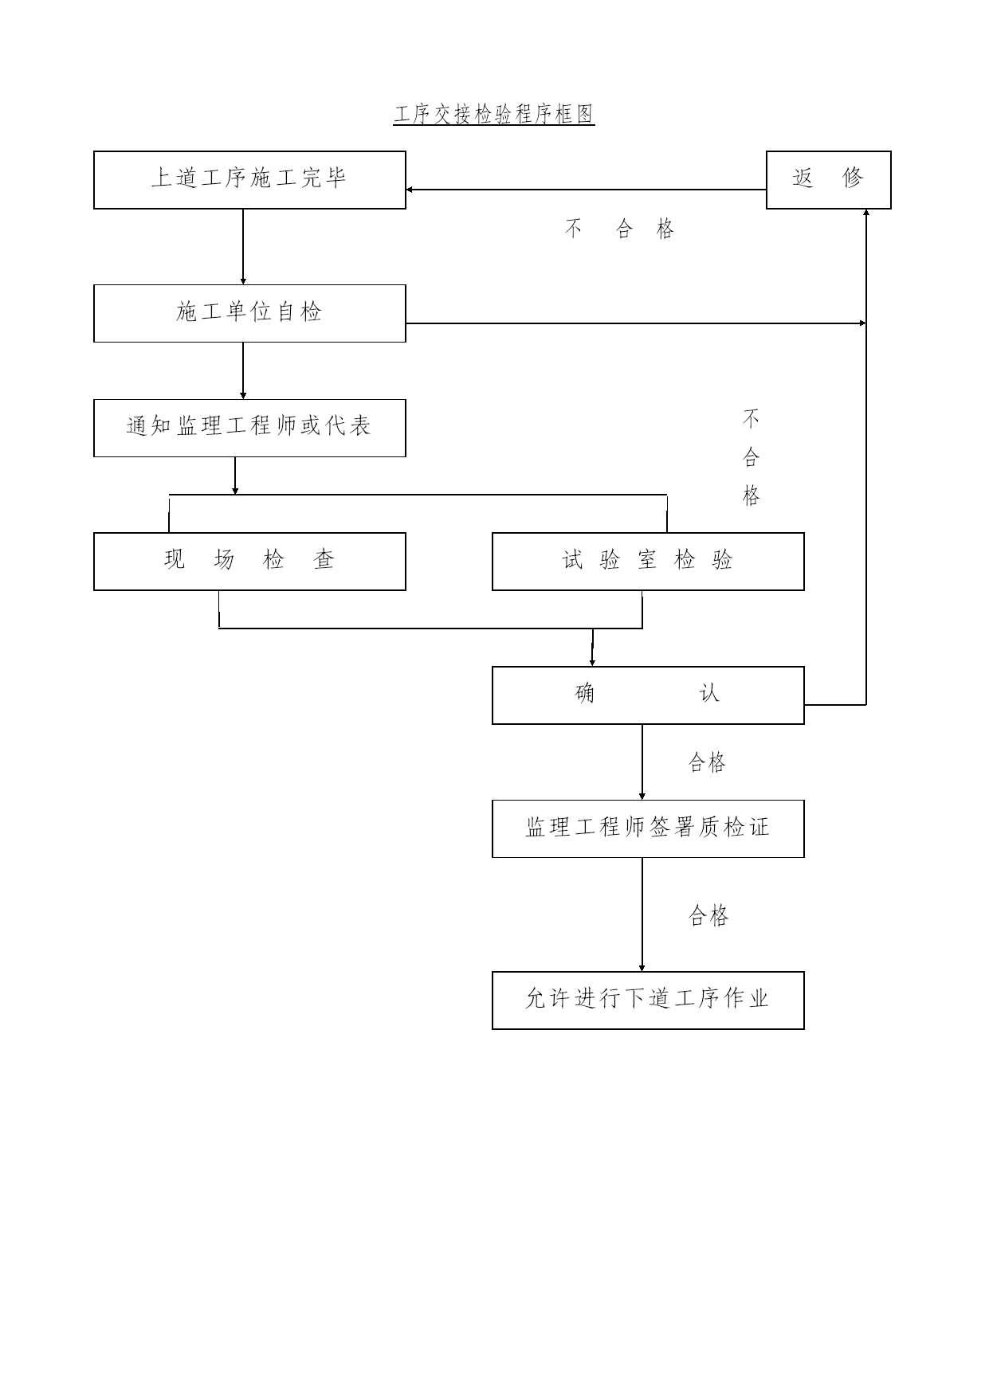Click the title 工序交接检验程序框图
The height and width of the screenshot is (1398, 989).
(x=494, y=115)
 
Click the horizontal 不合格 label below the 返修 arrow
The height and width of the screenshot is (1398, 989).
(x=620, y=229)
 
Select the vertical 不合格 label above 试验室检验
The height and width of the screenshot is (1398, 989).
(x=751, y=457)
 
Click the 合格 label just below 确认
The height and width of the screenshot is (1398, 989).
(x=708, y=763)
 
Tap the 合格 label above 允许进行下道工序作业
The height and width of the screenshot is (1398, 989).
(x=708, y=915)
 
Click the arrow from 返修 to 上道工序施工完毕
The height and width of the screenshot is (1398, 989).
(x=586, y=190)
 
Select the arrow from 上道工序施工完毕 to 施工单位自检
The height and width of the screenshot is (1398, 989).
(x=243, y=247)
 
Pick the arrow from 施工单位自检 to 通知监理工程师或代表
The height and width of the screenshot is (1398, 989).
(x=243, y=371)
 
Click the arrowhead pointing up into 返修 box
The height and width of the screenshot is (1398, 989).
(x=866, y=213)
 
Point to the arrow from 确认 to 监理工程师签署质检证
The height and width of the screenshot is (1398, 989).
(x=642, y=762)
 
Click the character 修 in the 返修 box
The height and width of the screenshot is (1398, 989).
(x=853, y=178)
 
